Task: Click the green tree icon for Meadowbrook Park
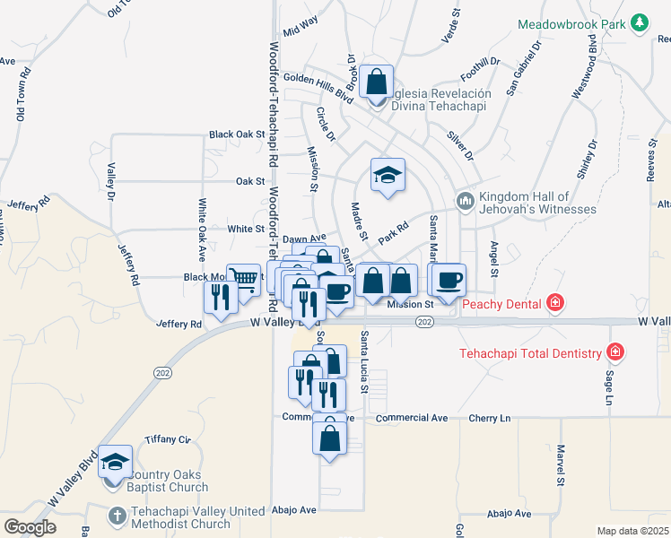(639, 22)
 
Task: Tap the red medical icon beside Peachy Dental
(555, 303)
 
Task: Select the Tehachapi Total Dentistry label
(530, 352)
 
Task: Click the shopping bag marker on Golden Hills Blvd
(378, 82)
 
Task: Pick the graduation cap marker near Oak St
(388, 174)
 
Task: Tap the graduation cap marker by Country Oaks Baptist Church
(114, 462)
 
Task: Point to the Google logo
(30, 527)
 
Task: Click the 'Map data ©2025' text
(632, 531)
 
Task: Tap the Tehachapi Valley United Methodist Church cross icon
(117, 516)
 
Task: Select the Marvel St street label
(560, 465)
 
